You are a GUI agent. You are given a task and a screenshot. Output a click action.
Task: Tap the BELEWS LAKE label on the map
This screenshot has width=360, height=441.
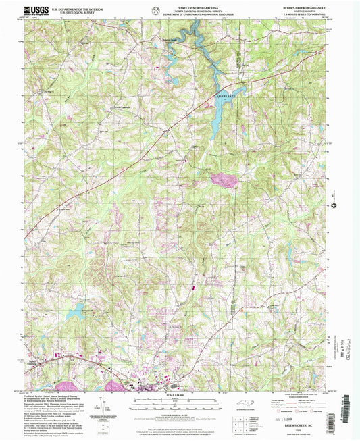tap(224, 97)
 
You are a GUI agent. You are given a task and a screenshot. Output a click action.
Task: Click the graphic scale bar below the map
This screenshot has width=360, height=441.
tap(180, 398)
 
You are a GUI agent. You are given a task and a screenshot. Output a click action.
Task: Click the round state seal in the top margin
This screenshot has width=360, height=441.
tap(157, 9)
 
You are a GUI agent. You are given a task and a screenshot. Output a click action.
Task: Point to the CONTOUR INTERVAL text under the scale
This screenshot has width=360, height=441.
tap(180, 408)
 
